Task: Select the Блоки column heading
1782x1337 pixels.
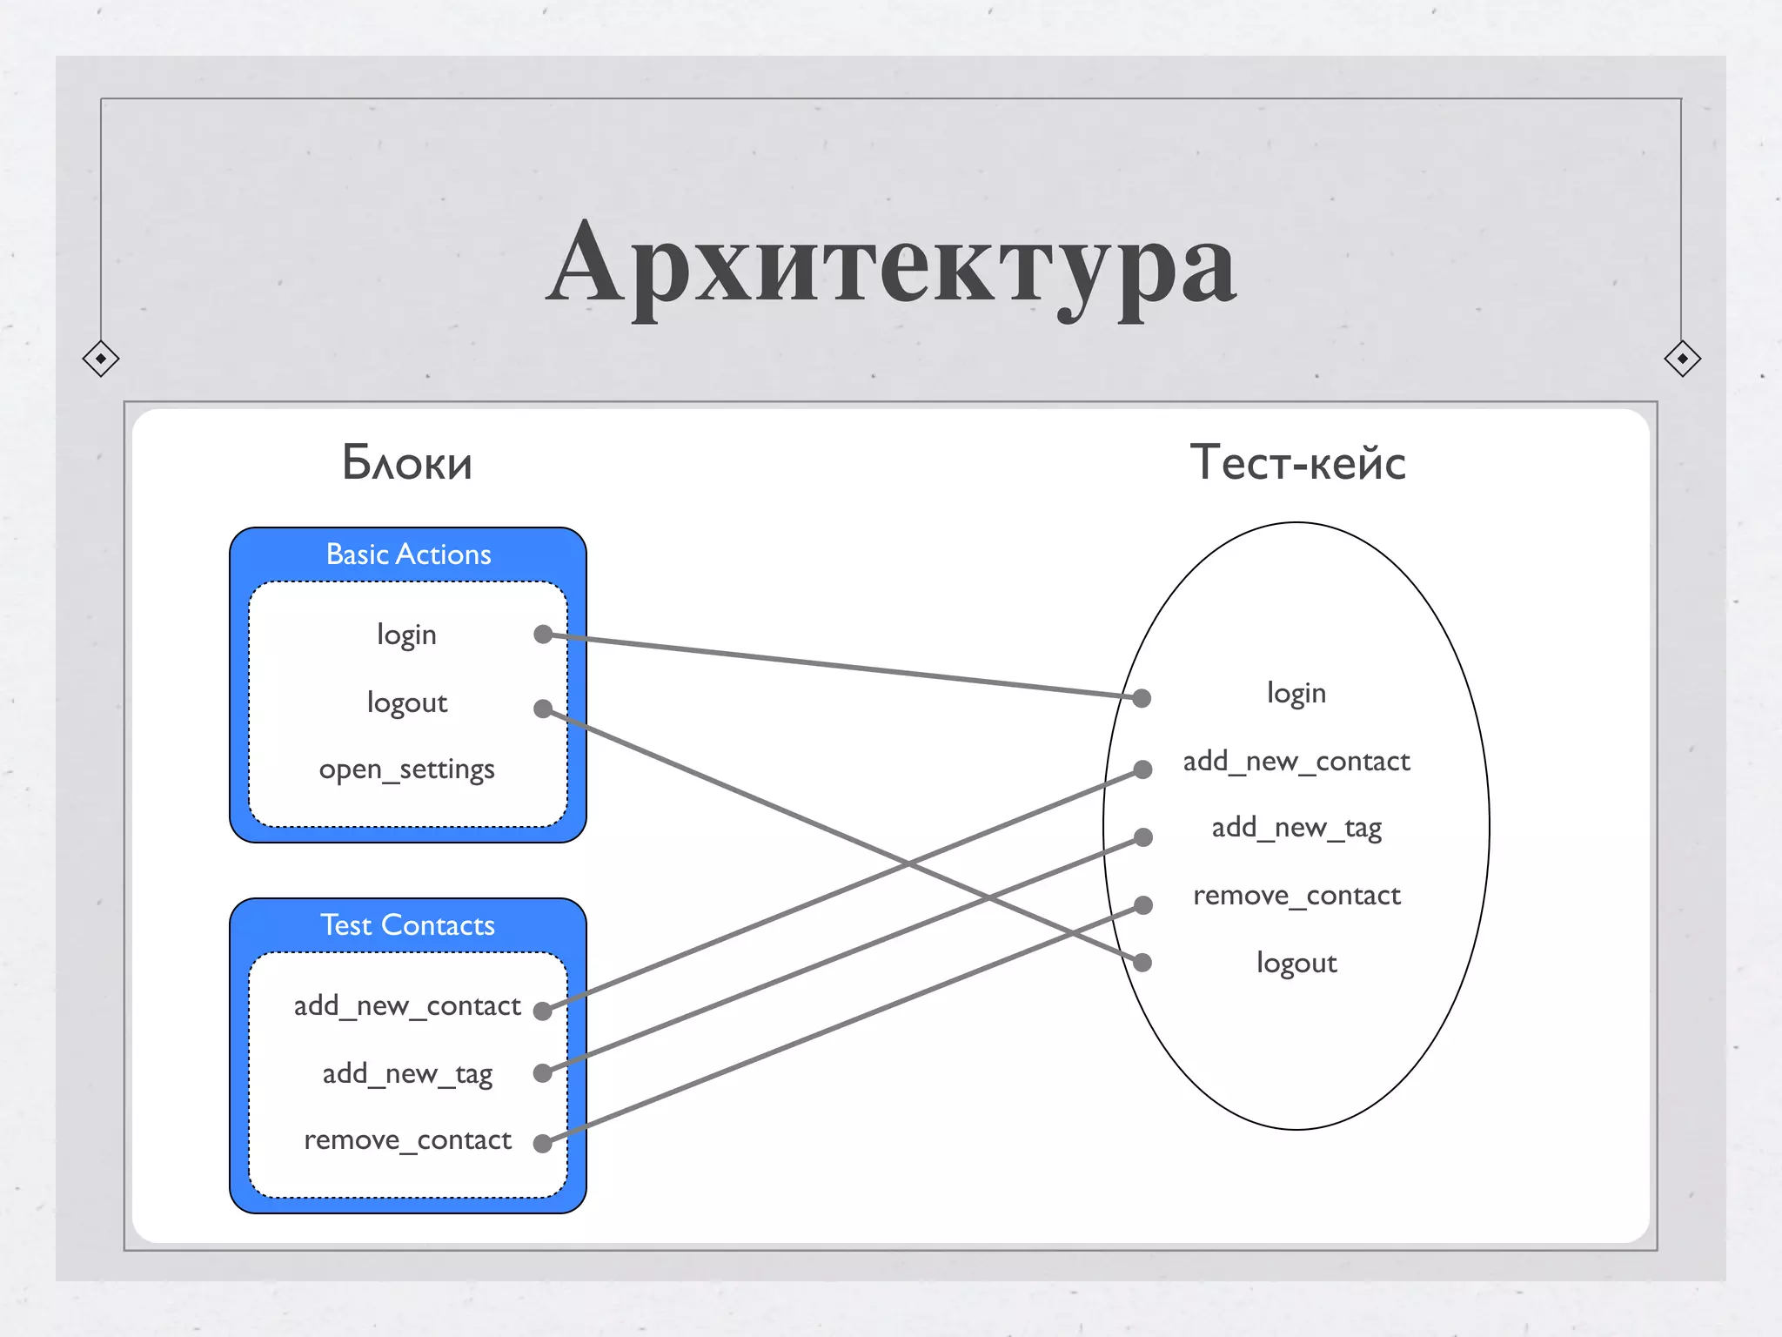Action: click(407, 462)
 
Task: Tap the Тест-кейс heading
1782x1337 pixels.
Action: click(1297, 462)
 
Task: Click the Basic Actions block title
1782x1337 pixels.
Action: click(408, 554)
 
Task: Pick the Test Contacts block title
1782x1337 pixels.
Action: click(407, 925)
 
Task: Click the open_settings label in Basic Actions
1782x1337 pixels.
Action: click(406, 769)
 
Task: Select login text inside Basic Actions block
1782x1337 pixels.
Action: click(406, 635)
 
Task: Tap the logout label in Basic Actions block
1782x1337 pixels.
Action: click(406, 702)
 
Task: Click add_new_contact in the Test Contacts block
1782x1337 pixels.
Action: click(406, 1006)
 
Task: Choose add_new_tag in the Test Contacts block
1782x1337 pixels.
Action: click(407, 1074)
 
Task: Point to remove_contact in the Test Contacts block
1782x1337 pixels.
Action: click(407, 1140)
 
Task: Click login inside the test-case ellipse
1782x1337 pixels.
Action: click(1296, 694)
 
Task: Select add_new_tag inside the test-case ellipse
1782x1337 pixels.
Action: click(1296, 828)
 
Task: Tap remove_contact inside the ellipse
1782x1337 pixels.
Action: click(1296, 896)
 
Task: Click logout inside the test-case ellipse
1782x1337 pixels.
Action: click(1296, 964)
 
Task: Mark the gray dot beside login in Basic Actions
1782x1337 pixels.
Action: click(543, 635)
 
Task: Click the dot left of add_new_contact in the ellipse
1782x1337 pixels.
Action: click(1143, 769)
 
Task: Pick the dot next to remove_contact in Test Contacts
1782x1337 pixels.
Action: click(542, 1143)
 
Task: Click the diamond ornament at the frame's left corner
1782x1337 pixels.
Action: click(101, 359)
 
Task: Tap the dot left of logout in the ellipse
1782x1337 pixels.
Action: click(1143, 963)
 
